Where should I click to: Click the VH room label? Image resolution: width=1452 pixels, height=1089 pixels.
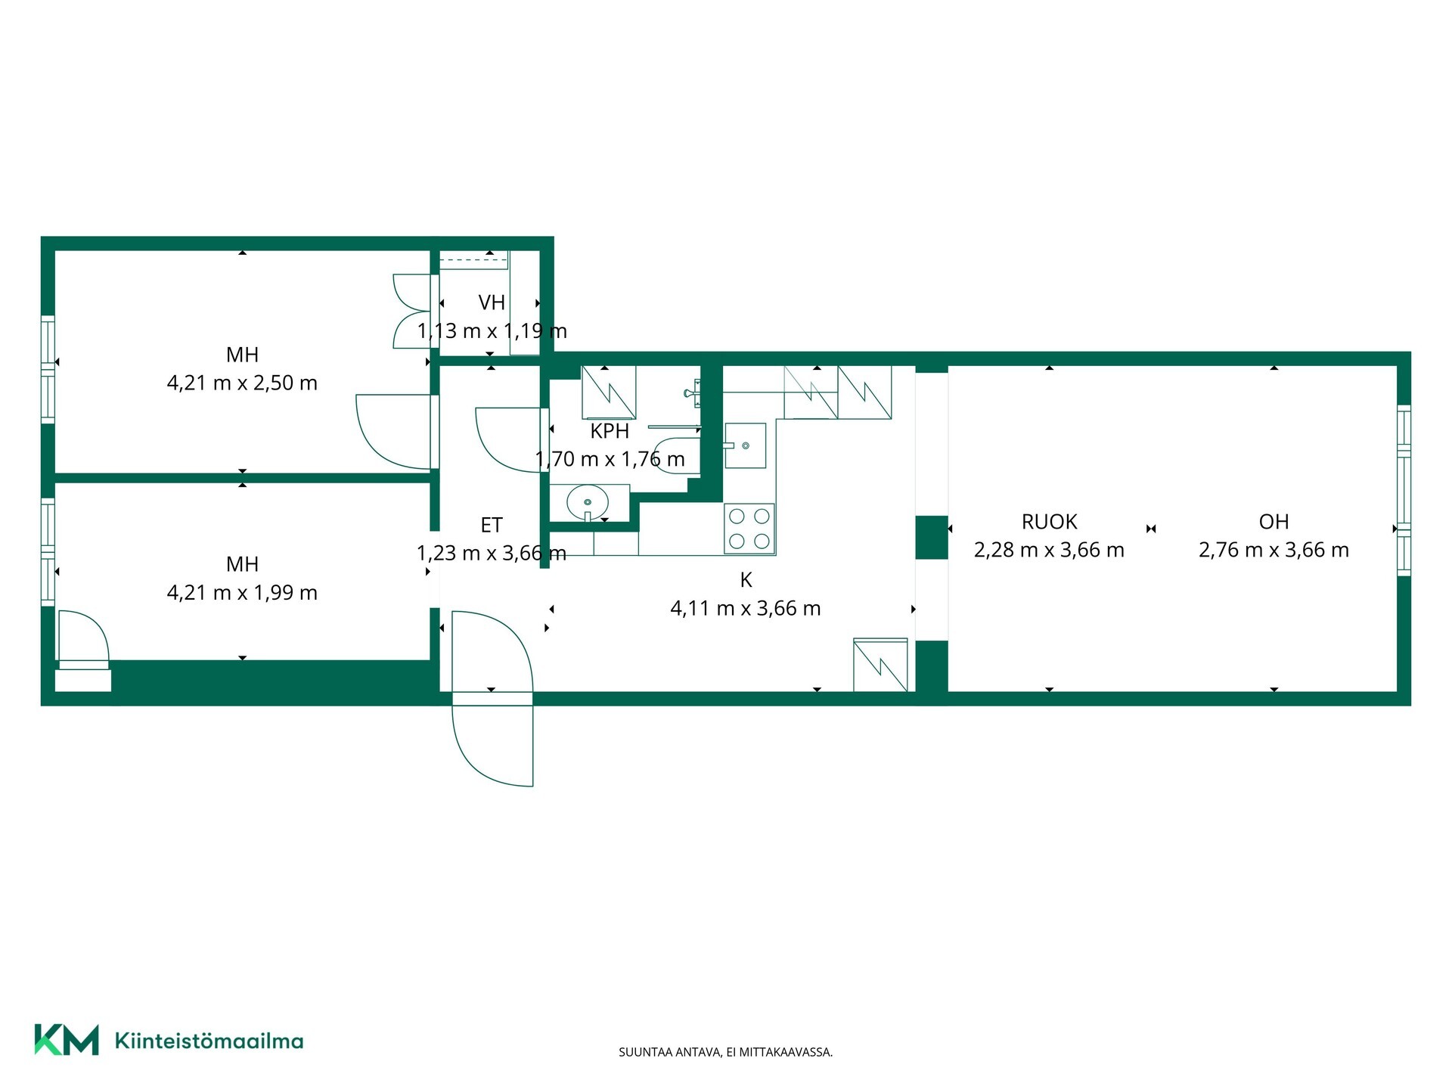click(x=492, y=302)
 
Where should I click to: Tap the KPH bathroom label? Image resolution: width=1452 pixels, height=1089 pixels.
click(x=610, y=431)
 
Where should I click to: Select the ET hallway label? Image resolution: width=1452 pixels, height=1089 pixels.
click(x=492, y=525)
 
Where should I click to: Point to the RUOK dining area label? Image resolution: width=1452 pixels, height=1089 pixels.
click(x=1049, y=522)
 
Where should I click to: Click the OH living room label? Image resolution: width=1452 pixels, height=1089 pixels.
click(x=1274, y=522)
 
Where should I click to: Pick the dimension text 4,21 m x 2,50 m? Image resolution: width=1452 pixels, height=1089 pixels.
click(x=242, y=383)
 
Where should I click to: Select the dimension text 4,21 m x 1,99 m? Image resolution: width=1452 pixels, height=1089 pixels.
click(x=242, y=593)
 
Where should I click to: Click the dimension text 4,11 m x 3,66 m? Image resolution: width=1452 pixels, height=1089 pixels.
click(x=746, y=609)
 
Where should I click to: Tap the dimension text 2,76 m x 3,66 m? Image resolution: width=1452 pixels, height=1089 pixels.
click(x=1274, y=551)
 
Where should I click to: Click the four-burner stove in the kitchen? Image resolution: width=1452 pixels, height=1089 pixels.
click(x=749, y=529)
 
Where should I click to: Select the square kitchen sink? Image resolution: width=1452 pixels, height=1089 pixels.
click(x=745, y=445)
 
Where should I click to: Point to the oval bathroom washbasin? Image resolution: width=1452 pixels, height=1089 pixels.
click(x=588, y=501)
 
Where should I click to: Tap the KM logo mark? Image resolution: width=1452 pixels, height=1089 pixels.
click(x=67, y=1040)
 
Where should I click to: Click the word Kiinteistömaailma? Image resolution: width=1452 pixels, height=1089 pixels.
click(x=209, y=1041)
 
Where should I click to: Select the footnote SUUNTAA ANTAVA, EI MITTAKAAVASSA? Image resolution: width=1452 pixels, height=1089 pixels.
click(x=725, y=1052)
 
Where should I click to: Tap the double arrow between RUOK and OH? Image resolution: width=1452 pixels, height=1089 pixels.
click(x=1151, y=529)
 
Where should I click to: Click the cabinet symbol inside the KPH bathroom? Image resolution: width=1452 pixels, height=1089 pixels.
click(x=608, y=392)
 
